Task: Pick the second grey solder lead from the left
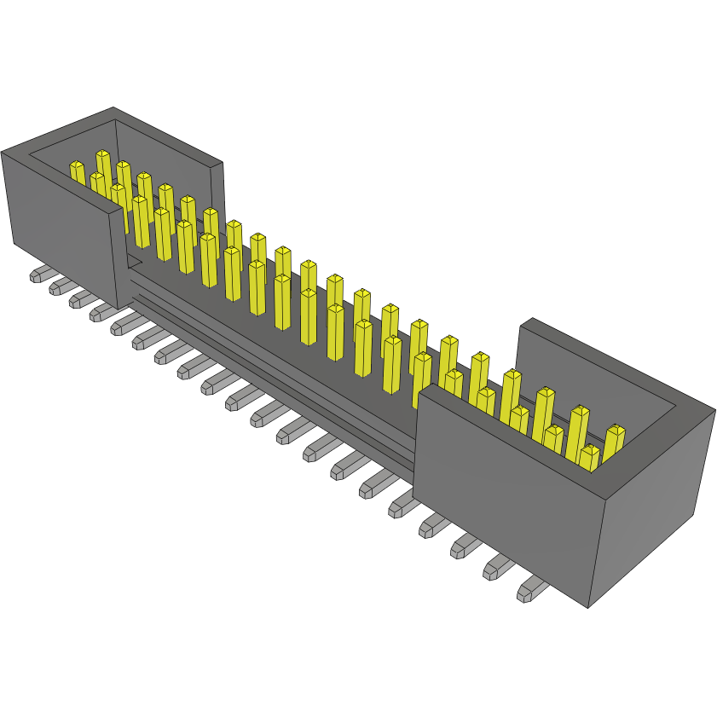[61, 286]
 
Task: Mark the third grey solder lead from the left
[82, 298]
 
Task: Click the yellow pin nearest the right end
[614, 442]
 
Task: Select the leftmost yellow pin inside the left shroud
[78, 174]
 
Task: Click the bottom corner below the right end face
[588, 607]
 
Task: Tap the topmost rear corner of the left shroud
[113, 108]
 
